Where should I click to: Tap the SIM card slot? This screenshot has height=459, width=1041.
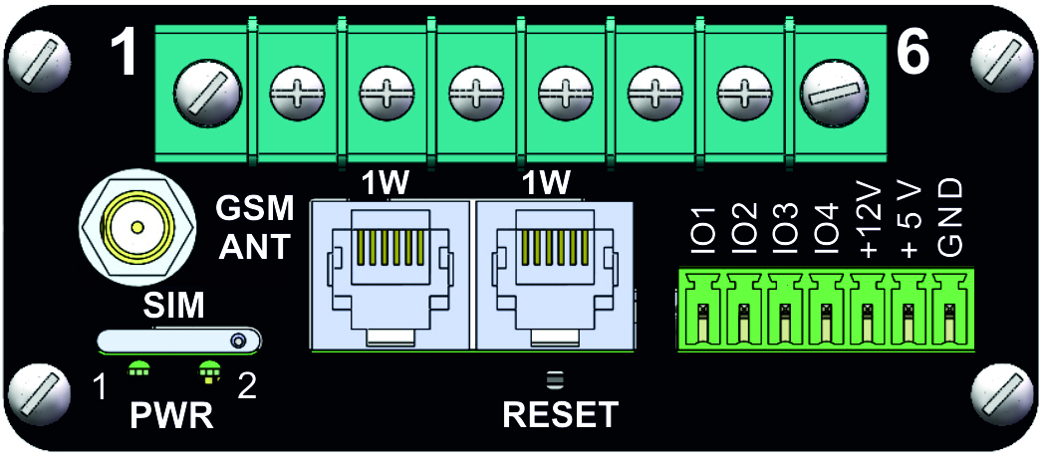pyautogui.click(x=178, y=342)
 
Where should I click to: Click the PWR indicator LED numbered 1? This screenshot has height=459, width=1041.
pyautogui.click(x=138, y=370)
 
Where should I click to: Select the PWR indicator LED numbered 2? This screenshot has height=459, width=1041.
pyautogui.click(x=207, y=370)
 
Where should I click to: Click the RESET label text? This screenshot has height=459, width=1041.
pyautogui.click(x=561, y=413)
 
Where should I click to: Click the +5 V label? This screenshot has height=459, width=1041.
pyautogui.click(x=909, y=220)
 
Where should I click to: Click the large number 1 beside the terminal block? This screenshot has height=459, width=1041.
pyautogui.click(x=123, y=56)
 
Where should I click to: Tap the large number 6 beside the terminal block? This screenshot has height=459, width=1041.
pyautogui.click(x=914, y=56)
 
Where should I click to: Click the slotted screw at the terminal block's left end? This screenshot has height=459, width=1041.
pyautogui.click(x=202, y=98)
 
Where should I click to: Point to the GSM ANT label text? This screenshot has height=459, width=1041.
pyautogui.click(x=255, y=227)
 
